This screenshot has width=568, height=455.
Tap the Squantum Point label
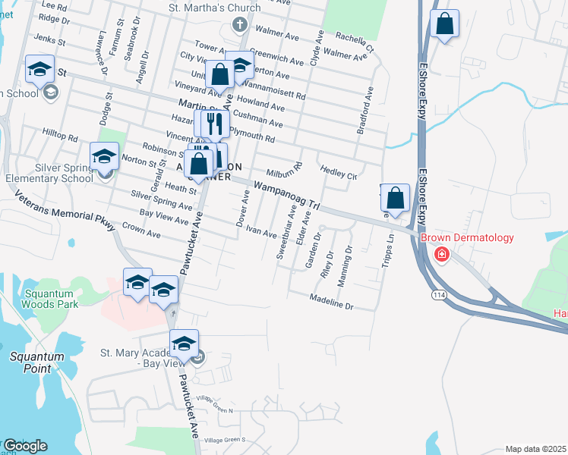[32, 361]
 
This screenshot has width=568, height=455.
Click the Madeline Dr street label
[332, 301]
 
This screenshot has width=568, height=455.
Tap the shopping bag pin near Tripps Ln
[395, 199]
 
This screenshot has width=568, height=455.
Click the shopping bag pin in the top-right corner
[444, 24]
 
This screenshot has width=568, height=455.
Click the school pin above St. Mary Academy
[184, 344]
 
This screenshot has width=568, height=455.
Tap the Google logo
[25, 445]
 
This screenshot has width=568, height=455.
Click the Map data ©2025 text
[536, 449]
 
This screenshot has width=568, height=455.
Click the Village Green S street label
[220, 440]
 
